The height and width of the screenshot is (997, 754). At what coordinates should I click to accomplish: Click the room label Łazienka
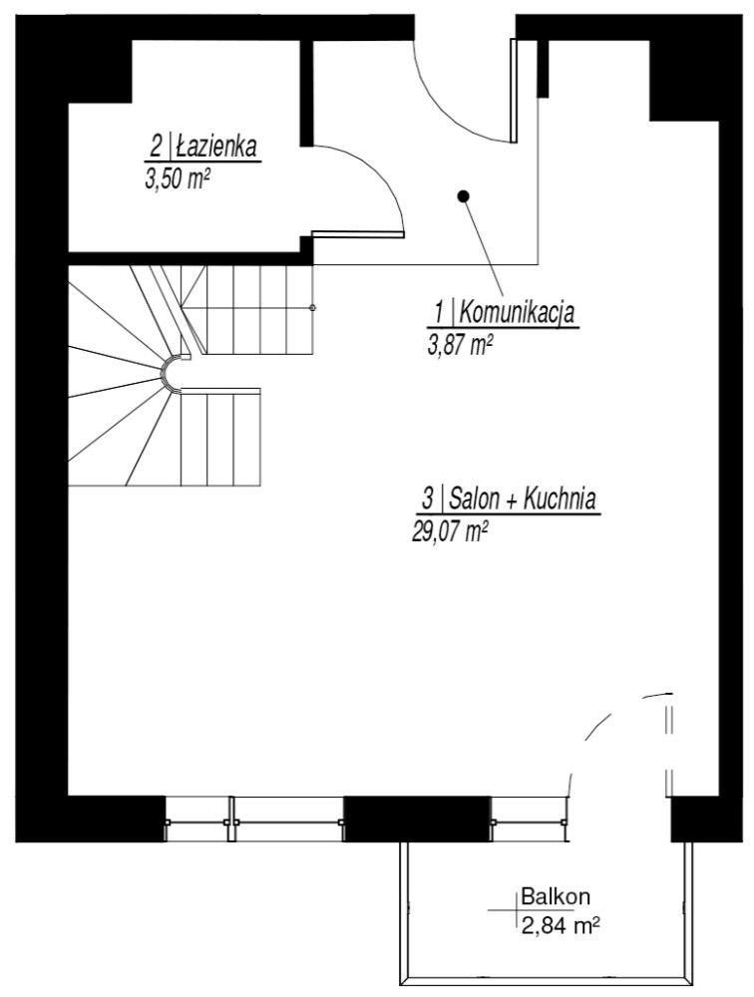click(x=216, y=147)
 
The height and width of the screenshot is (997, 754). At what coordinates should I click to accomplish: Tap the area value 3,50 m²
click(x=178, y=179)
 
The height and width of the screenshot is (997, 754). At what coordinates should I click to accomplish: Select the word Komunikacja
click(x=517, y=313)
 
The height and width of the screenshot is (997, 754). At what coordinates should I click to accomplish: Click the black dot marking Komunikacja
click(x=464, y=195)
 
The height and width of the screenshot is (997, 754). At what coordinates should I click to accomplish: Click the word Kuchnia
click(x=560, y=499)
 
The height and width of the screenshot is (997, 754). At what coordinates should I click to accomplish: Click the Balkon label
click(x=556, y=896)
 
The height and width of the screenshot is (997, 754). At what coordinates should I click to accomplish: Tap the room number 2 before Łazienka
click(x=156, y=148)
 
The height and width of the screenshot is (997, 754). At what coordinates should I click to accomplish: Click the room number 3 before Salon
click(x=427, y=499)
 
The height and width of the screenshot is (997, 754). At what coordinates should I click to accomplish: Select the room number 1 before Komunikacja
click(x=439, y=313)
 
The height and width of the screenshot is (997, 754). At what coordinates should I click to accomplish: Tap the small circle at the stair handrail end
click(x=312, y=308)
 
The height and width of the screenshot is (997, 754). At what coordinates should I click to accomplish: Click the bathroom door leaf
click(x=358, y=234)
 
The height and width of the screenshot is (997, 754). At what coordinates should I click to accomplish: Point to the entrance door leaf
click(x=514, y=91)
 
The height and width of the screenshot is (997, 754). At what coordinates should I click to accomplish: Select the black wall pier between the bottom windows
click(x=417, y=819)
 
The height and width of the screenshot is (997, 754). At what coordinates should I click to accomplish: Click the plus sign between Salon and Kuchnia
click(x=512, y=501)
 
